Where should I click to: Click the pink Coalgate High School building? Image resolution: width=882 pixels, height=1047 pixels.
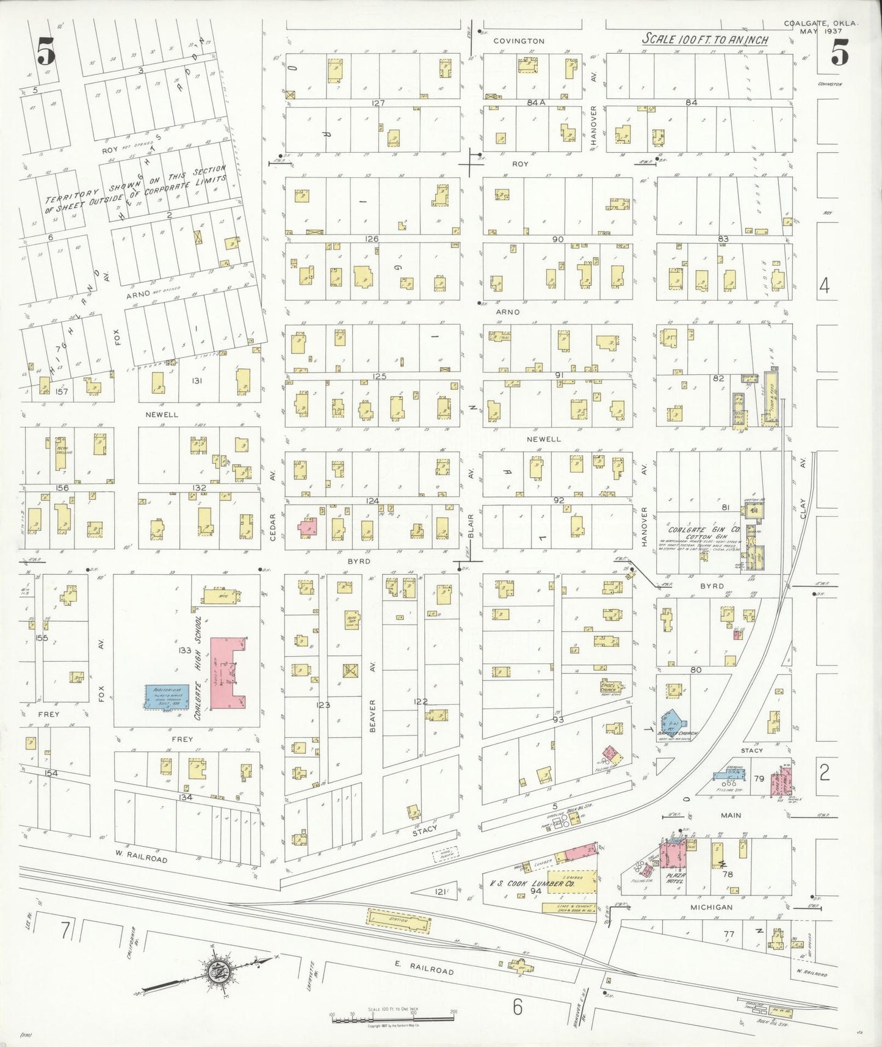click(227, 672)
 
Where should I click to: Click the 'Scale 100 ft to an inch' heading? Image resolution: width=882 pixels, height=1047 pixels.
click(705, 39)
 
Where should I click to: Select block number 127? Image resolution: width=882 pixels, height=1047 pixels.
click(378, 103)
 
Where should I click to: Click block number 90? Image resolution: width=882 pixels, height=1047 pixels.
click(557, 239)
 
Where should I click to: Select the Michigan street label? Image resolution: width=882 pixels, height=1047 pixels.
click(711, 907)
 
